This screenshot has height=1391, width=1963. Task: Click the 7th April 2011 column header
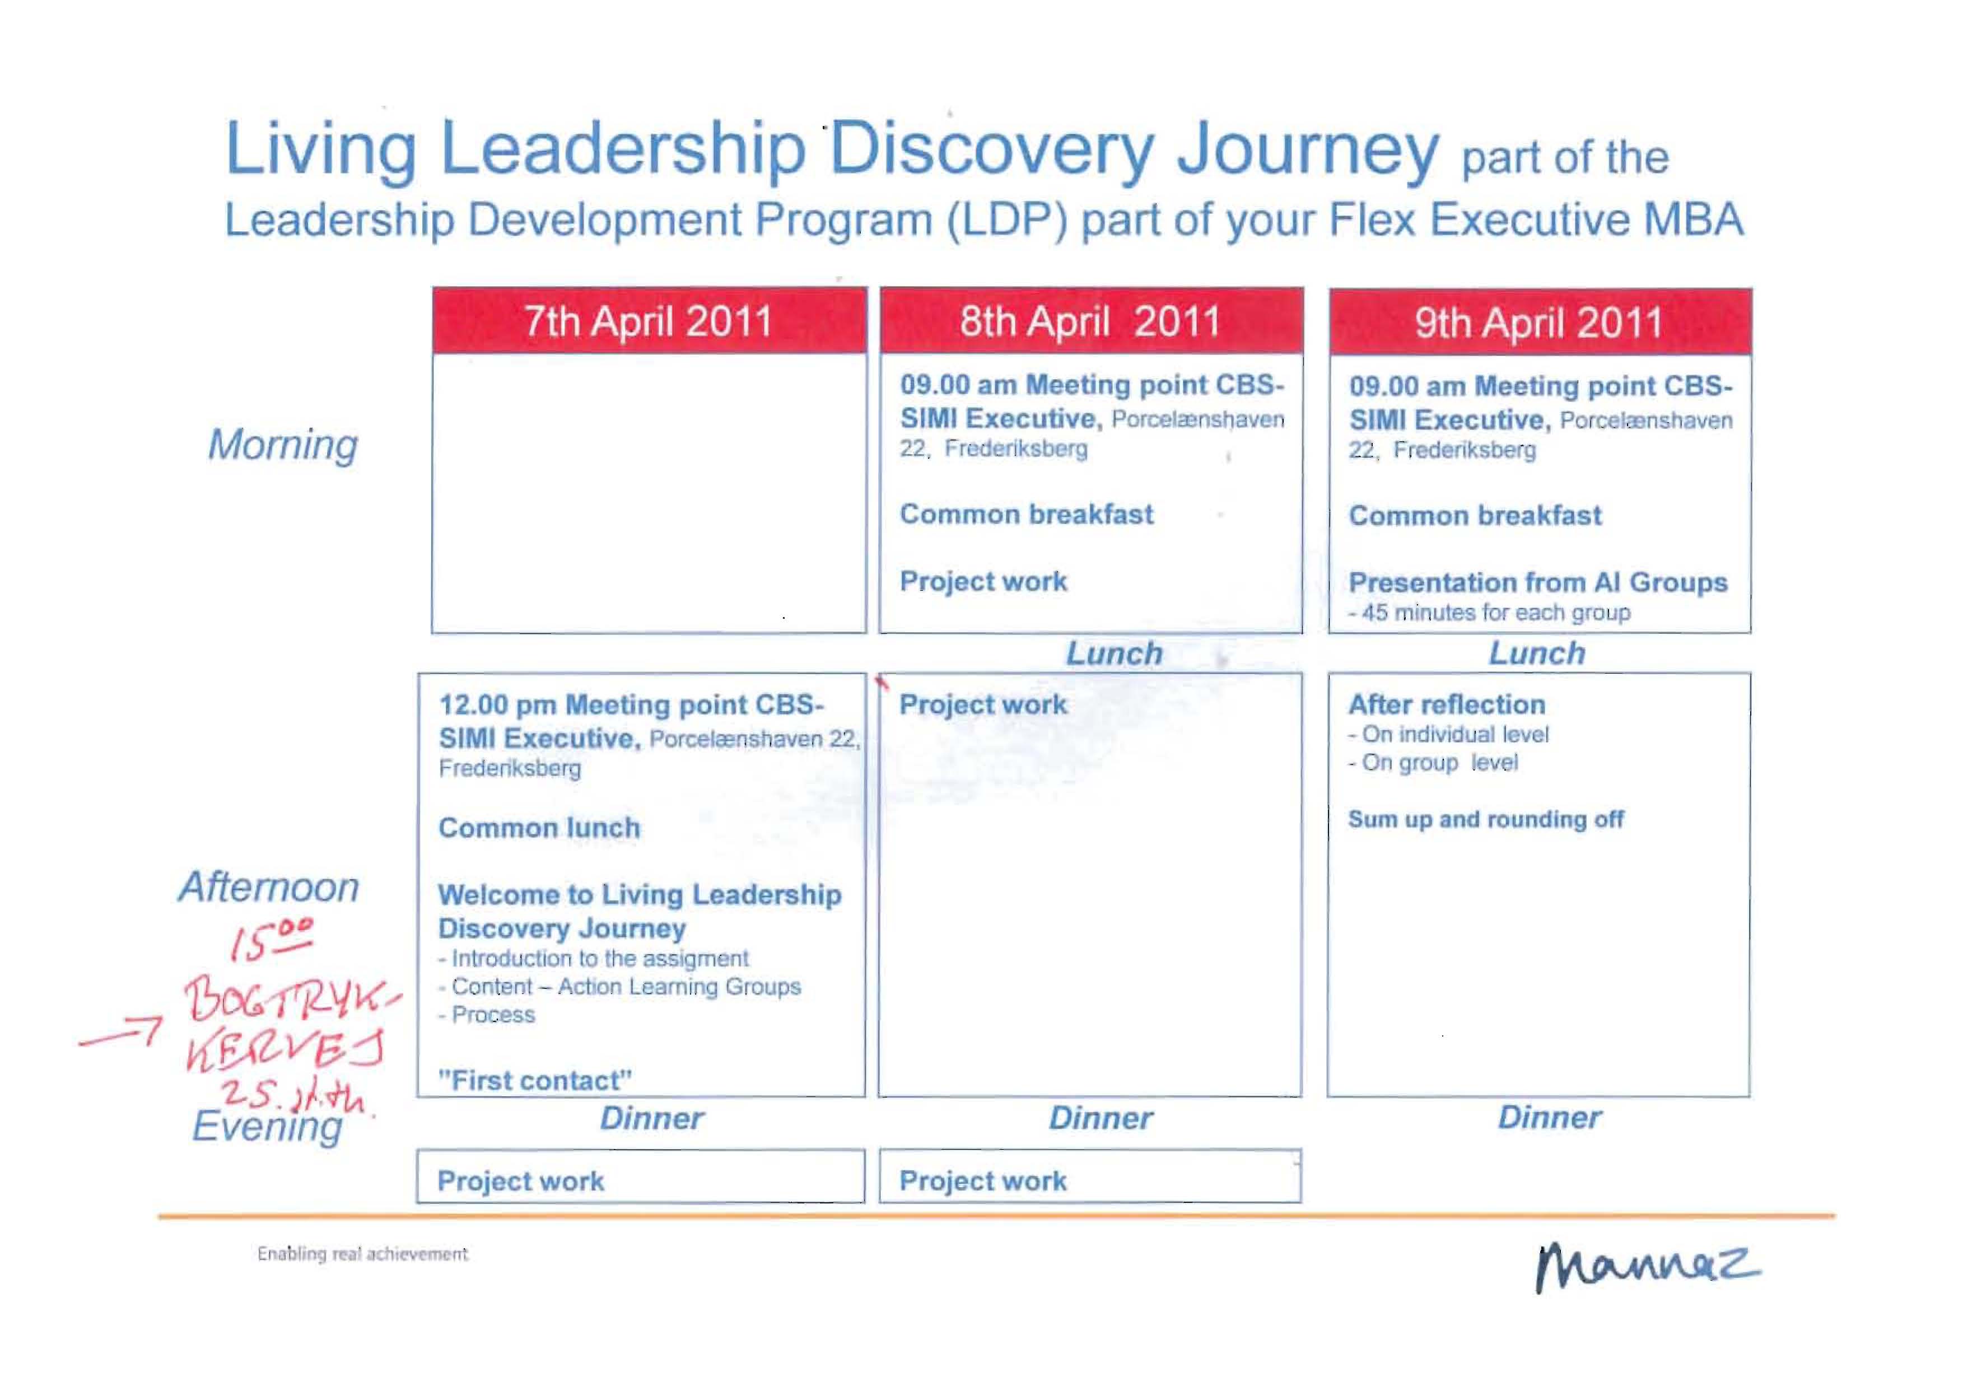649,321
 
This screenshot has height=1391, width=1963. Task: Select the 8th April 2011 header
1091,321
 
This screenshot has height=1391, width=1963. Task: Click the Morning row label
283,445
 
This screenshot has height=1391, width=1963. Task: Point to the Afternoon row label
269,886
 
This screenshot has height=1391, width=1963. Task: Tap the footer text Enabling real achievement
362,1254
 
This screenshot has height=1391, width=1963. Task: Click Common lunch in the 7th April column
539,828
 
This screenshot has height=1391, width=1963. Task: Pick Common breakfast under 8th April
1026,514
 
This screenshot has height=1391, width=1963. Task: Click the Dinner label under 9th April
1549,1117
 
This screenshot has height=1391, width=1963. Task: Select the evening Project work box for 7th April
641,1176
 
